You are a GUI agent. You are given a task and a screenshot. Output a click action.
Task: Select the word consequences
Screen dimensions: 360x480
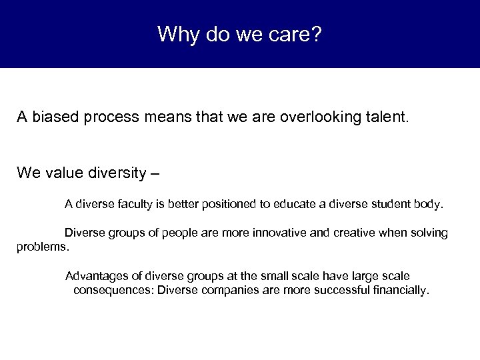point(113,290)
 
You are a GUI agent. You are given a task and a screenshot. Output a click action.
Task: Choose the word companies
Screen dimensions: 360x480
point(221,290)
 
